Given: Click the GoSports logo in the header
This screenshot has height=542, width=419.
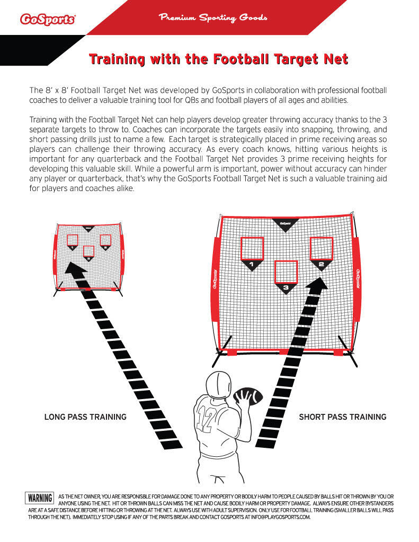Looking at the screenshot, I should click(47, 20).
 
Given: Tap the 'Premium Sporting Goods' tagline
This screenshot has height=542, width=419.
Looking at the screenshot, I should click(213, 18).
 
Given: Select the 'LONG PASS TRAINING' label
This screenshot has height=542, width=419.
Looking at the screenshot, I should click(85, 417).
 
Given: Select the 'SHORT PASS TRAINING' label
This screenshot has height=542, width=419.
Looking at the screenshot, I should click(342, 417).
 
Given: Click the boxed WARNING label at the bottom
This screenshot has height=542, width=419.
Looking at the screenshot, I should click(40, 498).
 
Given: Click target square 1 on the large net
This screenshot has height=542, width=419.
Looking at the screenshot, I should click(252, 248).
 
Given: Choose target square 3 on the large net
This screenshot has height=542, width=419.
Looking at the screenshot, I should click(286, 272).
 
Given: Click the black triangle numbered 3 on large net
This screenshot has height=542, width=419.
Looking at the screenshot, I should click(286, 288).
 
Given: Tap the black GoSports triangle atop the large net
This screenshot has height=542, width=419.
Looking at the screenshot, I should click(285, 223).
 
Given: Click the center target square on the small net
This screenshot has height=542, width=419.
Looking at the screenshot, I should click(89, 250).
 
